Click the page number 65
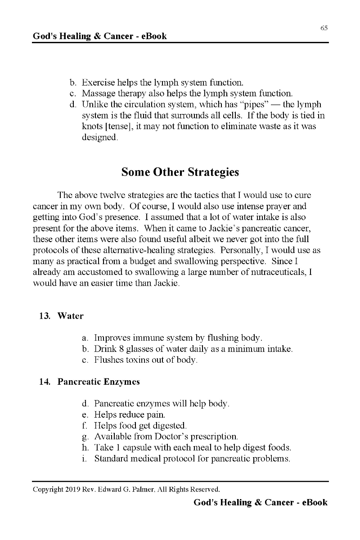(x=324, y=28)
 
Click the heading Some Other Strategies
(x=180, y=172)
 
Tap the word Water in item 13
(x=70, y=316)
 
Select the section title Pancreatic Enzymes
(x=99, y=382)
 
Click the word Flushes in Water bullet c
(x=108, y=360)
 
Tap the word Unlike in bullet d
(x=94, y=104)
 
